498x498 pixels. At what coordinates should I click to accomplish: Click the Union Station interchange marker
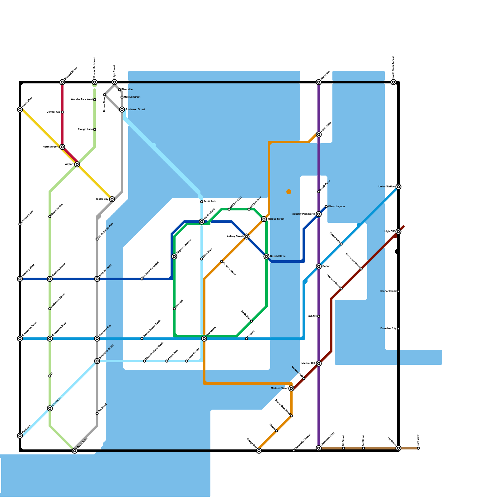click(398, 187)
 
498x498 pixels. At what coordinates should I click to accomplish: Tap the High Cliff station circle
click(398, 232)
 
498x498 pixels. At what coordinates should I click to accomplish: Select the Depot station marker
click(319, 266)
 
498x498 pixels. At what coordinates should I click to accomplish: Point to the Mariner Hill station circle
click(319, 364)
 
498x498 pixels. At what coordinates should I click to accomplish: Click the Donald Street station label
click(278, 256)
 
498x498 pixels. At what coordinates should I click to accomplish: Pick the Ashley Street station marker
click(247, 237)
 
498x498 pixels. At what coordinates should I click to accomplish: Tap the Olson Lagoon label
click(336, 207)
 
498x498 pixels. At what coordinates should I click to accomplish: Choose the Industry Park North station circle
click(319, 214)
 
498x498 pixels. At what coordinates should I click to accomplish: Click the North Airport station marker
click(62, 147)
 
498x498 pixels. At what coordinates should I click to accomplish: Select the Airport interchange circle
click(77, 164)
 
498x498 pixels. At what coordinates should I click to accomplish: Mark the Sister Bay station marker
click(112, 199)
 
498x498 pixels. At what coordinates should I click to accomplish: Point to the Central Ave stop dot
click(62, 112)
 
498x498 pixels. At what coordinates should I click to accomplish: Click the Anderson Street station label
click(135, 110)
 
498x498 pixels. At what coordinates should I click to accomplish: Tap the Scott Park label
click(210, 202)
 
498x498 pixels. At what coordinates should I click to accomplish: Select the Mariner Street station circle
click(291, 388)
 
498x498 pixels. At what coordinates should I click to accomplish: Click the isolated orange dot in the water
click(289, 192)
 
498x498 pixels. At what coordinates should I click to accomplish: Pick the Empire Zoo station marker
click(50, 408)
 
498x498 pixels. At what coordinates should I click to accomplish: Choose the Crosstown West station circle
click(20, 339)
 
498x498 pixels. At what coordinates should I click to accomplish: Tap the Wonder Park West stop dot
click(95, 100)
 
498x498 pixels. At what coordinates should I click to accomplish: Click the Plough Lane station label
click(85, 129)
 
